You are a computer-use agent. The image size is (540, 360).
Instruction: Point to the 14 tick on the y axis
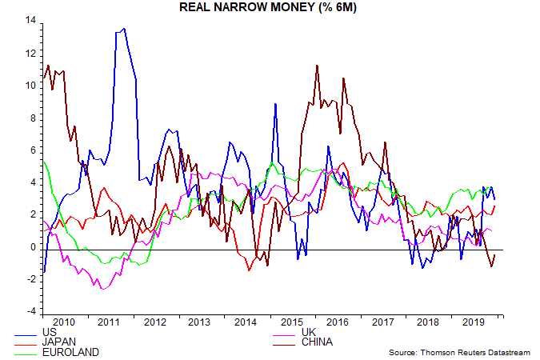(x=30, y=20)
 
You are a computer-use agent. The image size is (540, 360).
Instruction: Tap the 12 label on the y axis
(x=30, y=53)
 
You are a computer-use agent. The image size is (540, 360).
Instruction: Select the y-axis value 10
(x=30, y=85)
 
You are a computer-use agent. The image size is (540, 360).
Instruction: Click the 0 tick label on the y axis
(x=34, y=247)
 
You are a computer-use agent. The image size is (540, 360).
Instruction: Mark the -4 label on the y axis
(x=31, y=312)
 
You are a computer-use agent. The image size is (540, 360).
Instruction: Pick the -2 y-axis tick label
(x=31, y=279)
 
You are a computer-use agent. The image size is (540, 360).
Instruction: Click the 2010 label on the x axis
(x=63, y=322)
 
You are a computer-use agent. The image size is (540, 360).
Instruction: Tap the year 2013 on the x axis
(x=199, y=322)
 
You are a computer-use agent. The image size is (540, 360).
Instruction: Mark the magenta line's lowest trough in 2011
(x=103, y=288)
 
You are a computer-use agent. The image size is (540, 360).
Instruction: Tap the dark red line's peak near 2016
(x=318, y=65)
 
